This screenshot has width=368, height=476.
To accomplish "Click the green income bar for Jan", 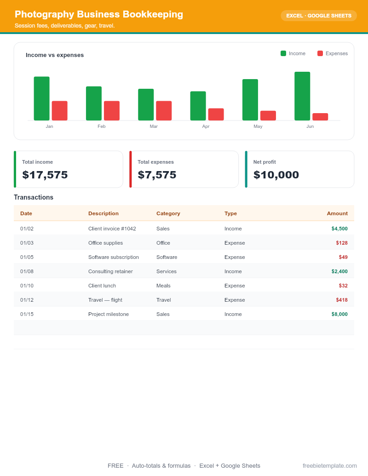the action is tap(41, 98).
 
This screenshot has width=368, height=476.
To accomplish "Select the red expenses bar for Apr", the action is tap(216, 114).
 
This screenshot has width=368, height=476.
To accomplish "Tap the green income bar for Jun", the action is tap(302, 96).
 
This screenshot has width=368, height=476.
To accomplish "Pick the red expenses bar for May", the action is tap(268, 115).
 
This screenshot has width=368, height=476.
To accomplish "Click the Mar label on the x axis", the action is tap(154, 126).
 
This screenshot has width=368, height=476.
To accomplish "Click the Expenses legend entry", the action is tap(333, 53).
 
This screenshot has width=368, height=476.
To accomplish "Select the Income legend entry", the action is tap(293, 53).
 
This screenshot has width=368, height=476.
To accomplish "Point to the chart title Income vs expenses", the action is tap(55, 55).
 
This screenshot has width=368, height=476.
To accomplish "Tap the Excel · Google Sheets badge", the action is tap(319, 16).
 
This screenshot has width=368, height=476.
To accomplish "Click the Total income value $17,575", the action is tap(45, 175).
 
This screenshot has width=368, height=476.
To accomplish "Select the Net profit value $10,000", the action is tap(276, 175).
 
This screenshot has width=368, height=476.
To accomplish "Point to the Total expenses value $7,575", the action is tap(157, 175).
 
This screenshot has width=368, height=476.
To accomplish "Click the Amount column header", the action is tap(337, 213).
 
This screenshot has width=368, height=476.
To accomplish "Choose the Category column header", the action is tap(168, 213).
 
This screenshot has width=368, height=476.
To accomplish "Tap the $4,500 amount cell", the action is tap(339, 229).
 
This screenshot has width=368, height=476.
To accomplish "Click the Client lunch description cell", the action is tap(102, 286).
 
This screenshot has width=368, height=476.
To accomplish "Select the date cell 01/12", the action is tap(27, 300).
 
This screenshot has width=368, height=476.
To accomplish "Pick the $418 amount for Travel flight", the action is tap(342, 300).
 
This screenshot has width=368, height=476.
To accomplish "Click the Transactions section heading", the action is tap(34, 197).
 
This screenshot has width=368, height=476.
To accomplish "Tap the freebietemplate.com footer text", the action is tap(330, 466).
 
